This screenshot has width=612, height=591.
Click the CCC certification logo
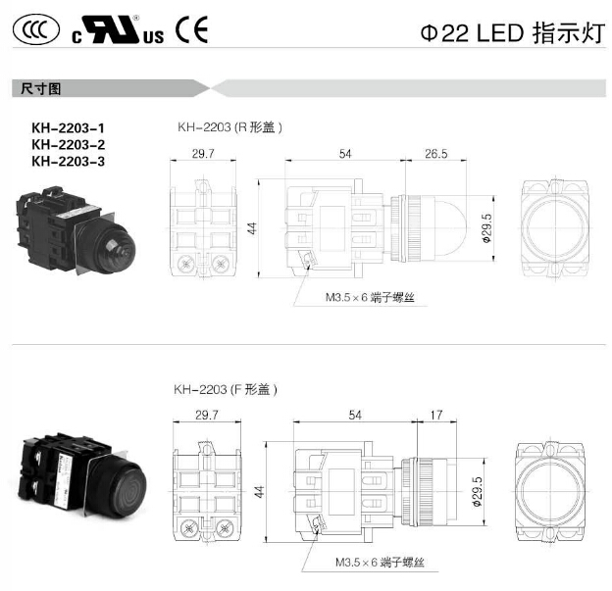coord(36,29)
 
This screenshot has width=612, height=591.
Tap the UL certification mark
coord(118,29)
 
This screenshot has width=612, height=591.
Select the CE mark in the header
coord(191,29)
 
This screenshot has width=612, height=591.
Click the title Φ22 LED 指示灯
coord(513,32)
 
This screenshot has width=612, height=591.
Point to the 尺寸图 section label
coord(40,88)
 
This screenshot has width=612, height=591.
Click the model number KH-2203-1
coord(69,128)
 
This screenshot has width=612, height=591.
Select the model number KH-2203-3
coord(69,161)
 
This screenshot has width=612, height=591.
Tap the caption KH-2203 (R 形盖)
coord(229,127)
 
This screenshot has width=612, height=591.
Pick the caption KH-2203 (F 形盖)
coord(226,389)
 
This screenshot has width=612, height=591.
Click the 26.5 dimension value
coord(436,154)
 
